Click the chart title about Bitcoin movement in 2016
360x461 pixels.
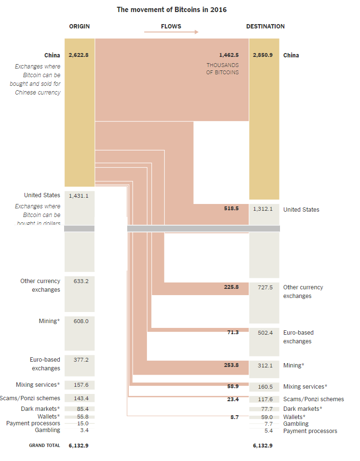point(172,10)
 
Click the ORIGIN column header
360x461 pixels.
point(79,27)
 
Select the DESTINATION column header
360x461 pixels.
point(265,27)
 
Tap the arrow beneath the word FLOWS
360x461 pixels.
point(171,32)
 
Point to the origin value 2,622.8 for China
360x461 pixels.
point(79,55)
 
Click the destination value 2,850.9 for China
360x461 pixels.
point(263,55)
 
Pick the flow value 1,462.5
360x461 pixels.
point(229,55)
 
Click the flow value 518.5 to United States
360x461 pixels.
point(231,209)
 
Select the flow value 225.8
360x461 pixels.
point(231,287)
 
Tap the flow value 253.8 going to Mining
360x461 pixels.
point(231,366)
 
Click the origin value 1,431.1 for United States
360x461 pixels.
point(79,196)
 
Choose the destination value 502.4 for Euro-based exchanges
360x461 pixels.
point(265,333)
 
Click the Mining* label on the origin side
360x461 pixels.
point(49,321)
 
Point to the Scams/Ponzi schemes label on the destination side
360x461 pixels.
point(313,399)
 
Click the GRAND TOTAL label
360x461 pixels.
point(44,446)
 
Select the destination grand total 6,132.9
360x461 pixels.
point(263,446)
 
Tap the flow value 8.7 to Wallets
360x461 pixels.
point(234,417)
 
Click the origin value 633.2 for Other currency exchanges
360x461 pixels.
point(81,281)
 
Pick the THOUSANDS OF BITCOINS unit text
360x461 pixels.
point(223,69)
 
